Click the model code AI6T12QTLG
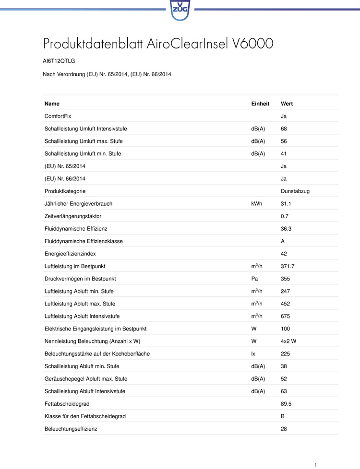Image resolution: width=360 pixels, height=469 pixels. tap(59, 61)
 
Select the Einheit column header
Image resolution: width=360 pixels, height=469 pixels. tap(260, 104)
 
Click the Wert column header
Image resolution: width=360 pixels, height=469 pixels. tap(287, 104)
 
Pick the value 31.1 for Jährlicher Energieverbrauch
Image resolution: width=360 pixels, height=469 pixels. tap(286, 204)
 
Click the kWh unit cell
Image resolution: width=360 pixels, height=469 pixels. tap(256, 204)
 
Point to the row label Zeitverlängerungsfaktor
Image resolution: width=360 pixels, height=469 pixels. tap(73, 216)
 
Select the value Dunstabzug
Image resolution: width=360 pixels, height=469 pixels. tap(295, 191)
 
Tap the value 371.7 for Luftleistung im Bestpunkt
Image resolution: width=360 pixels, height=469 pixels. tap(288, 266)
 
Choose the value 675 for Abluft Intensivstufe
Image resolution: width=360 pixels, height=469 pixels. tap(286, 316)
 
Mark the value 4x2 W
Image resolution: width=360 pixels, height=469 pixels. tap(289, 341)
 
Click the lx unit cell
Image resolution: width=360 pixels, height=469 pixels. tap(253, 353)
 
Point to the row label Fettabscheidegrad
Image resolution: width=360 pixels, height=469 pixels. tap(67, 404)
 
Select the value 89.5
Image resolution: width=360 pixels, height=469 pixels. tap(286, 404)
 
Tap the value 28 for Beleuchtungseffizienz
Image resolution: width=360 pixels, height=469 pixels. tap(284, 429)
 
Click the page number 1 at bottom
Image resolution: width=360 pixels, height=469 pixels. tap(315, 465)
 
